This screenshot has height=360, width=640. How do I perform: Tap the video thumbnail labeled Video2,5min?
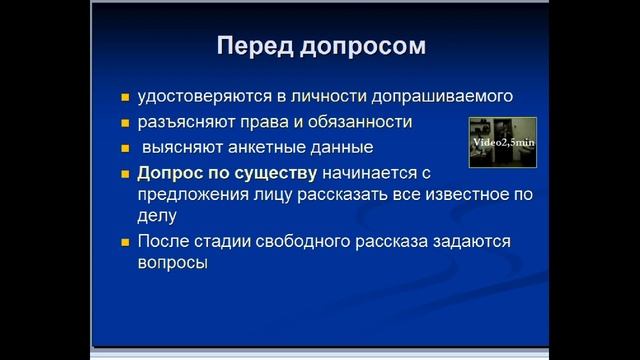[503, 141]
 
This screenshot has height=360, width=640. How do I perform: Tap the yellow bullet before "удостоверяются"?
[125, 98]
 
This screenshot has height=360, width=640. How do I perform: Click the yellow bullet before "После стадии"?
[125, 243]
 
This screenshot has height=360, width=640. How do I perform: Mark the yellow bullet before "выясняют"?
[125, 148]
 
